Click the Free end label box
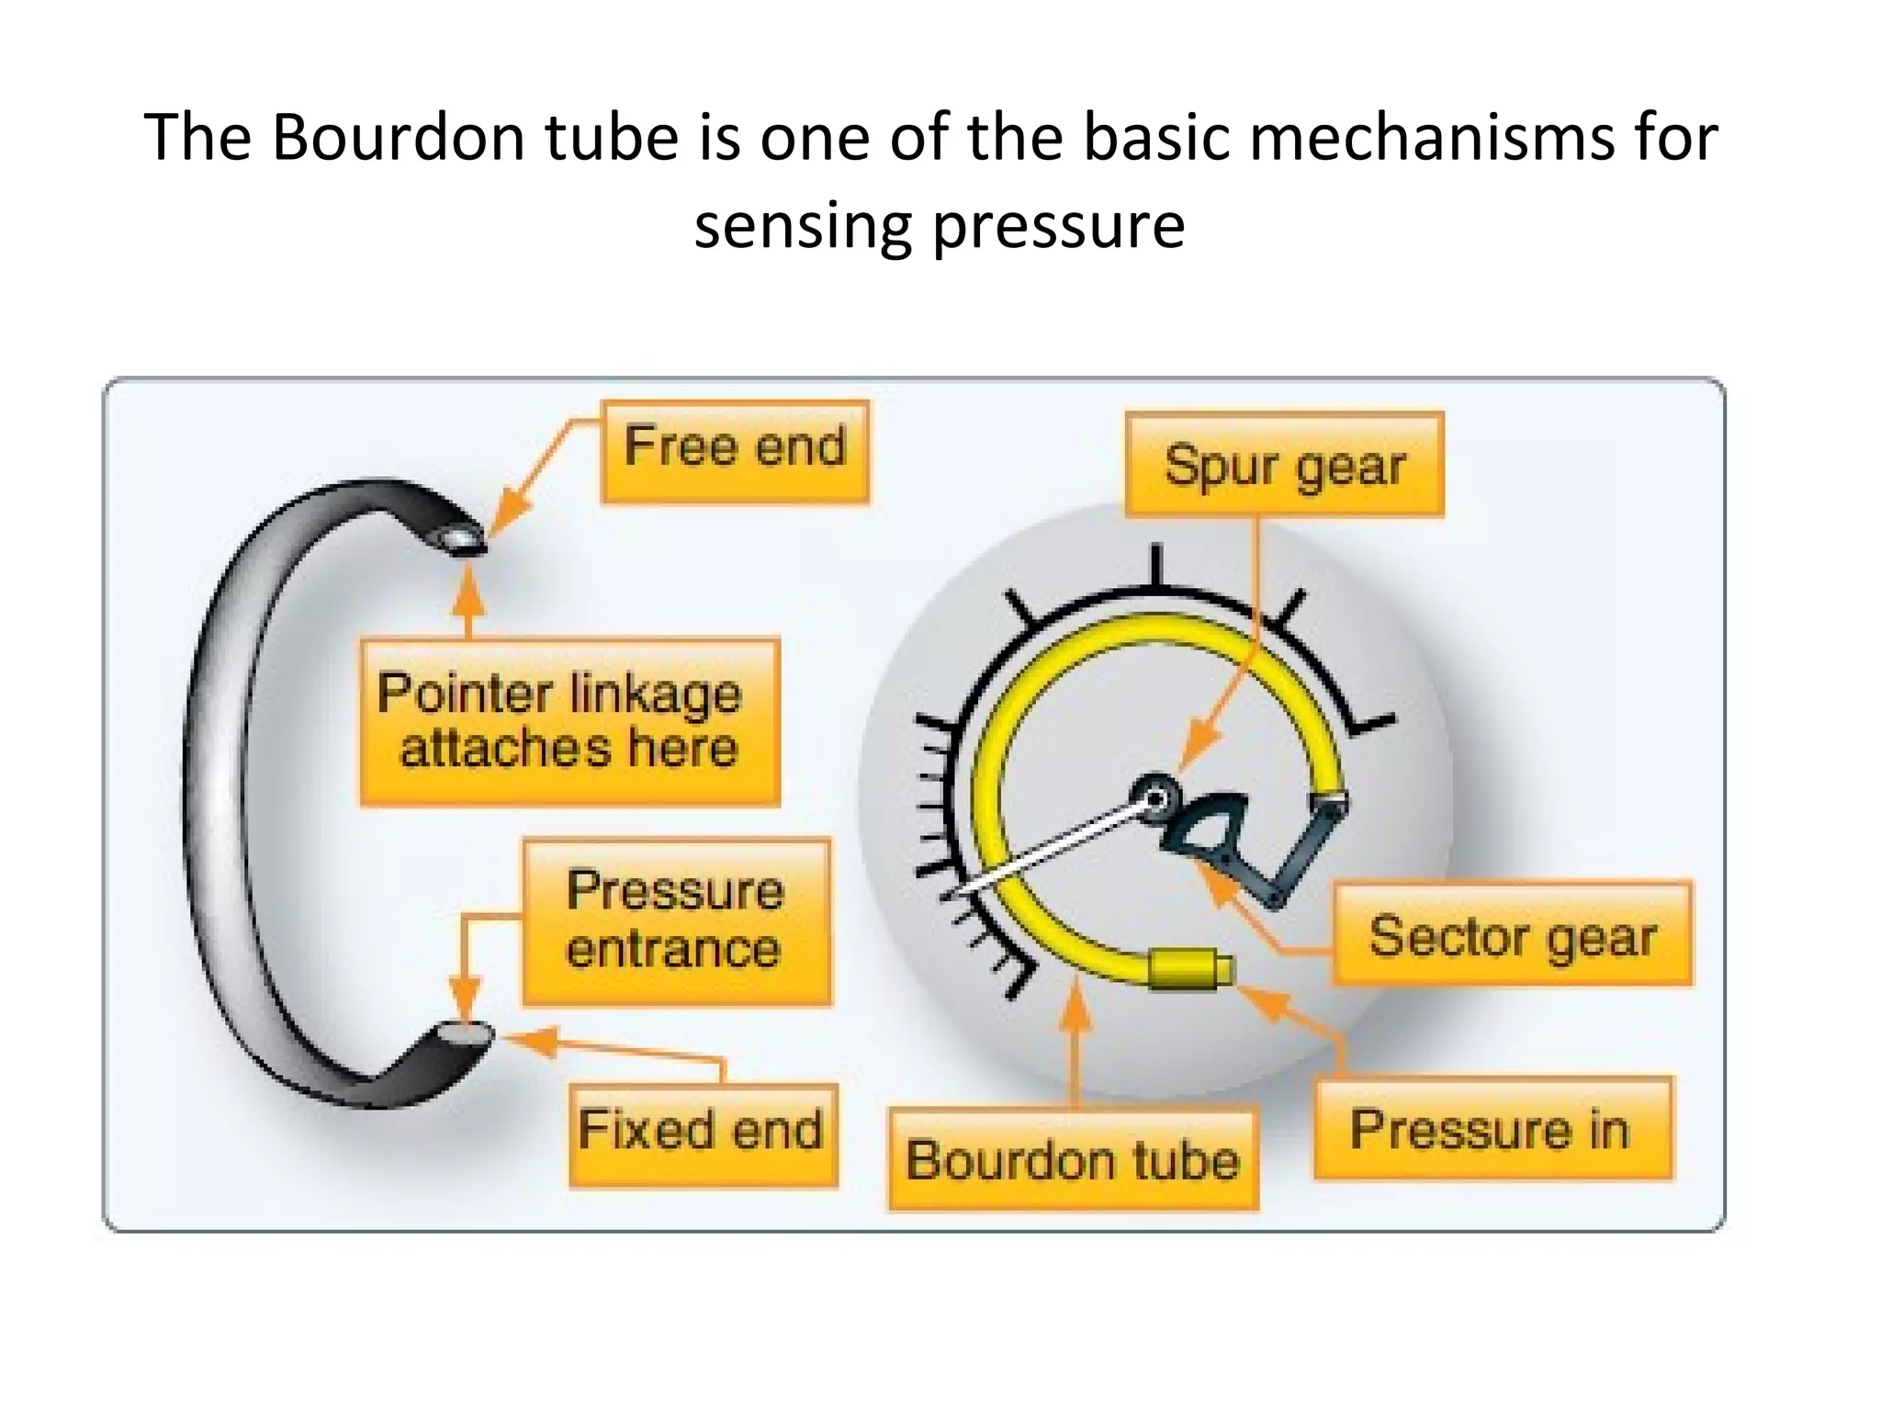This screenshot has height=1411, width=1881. pos(735,450)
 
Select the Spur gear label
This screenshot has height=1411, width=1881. pos(1284,465)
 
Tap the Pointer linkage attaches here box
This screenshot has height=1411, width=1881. pos(569,722)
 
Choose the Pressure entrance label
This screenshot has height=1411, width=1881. pos(676,920)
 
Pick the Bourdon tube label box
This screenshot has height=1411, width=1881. pos(1072,1160)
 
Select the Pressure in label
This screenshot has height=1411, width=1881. pos(1492,1129)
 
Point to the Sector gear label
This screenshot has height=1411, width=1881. pos(1512,936)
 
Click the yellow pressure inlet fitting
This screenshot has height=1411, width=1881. pos(1188,970)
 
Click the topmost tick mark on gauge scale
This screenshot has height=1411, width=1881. pos(1157,562)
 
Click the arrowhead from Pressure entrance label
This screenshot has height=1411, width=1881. pos(465,1001)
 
